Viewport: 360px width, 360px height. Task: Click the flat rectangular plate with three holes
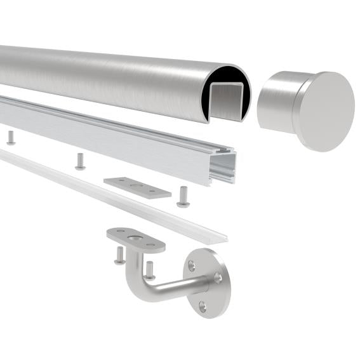point(137,187)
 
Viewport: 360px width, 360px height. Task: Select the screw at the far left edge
point(11,137)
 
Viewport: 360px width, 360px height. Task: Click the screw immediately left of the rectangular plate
point(80,161)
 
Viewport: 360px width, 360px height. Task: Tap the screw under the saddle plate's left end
point(119,255)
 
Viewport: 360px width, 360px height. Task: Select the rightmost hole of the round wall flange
point(218,277)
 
